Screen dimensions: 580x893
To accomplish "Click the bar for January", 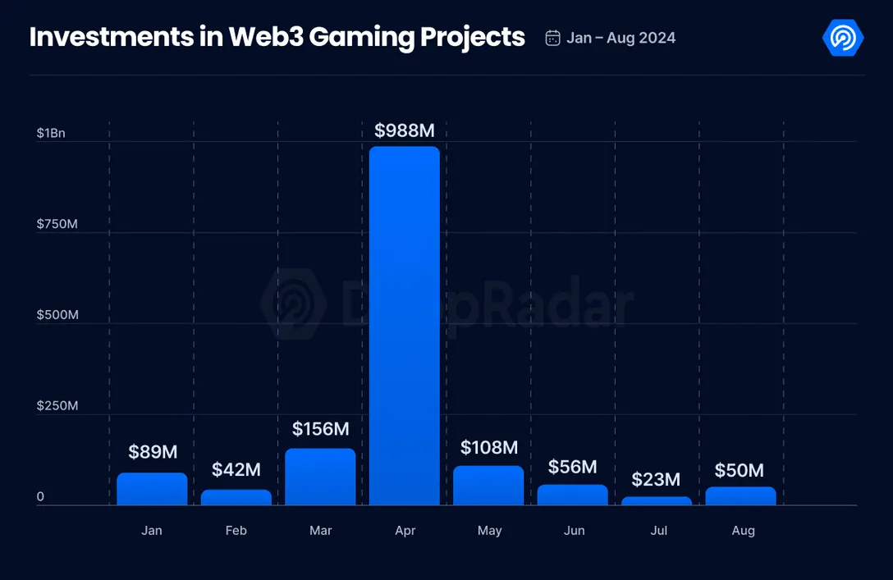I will pyautogui.click(x=152, y=489).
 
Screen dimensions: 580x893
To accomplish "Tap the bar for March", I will pyautogui.click(x=321, y=477).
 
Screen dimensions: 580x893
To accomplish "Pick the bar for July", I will pyautogui.click(x=657, y=500).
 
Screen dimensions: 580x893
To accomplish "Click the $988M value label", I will pyautogui.click(x=405, y=130).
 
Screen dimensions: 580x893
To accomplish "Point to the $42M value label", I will pyautogui.click(x=236, y=470).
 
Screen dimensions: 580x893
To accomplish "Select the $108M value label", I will pyautogui.click(x=489, y=447).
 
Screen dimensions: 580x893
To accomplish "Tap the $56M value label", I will pyautogui.click(x=573, y=467).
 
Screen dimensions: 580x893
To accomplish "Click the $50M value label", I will pyautogui.click(x=740, y=470).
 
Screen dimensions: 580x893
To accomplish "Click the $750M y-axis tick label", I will pyautogui.click(x=57, y=224).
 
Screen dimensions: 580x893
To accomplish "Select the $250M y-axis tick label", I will pyautogui.click(x=57, y=406).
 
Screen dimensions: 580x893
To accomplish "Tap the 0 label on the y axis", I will pyautogui.click(x=40, y=497).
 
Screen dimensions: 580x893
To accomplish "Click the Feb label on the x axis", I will pyautogui.click(x=236, y=531).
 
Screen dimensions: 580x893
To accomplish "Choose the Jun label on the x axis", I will pyautogui.click(x=574, y=531).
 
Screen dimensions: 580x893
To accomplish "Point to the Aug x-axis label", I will pyautogui.click(x=743, y=531).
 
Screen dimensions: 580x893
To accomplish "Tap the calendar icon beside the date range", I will pyautogui.click(x=553, y=38).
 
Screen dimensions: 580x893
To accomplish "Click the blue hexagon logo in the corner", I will pyautogui.click(x=842, y=38).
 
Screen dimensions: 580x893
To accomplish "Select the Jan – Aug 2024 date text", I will pyautogui.click(x=621, y=38).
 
